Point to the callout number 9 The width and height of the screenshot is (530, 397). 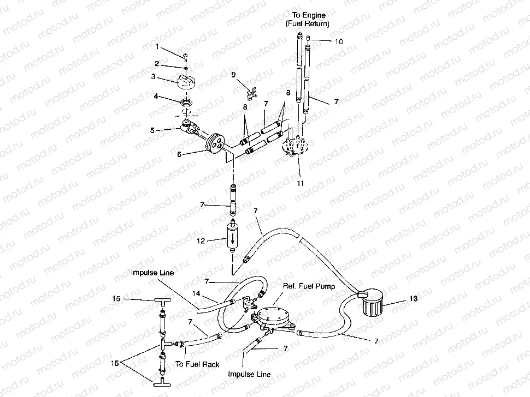pyautogui.click(x=233, y=74)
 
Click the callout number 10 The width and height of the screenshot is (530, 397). pyautogui.click(x=339, y=41)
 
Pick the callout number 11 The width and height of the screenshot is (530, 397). pyautogui.click(x=300, y=183)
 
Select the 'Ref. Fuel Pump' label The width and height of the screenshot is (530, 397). pyautogui.click(x=309, y=286)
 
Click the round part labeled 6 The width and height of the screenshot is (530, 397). pyautogui.click(x=214, y=145)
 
